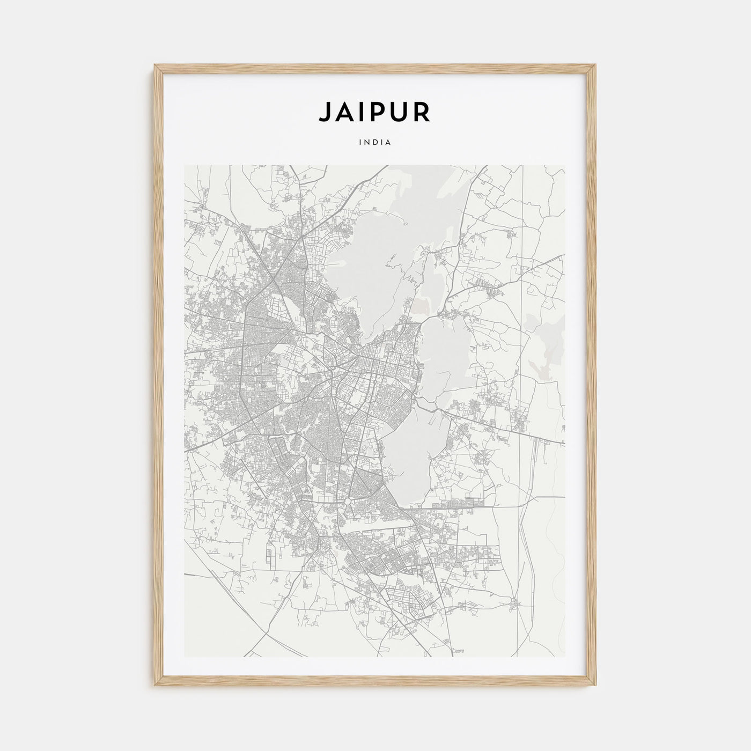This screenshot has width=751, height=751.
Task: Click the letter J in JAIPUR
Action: (x=325, y=112)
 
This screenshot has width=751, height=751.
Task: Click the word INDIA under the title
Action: (x=376, y=143)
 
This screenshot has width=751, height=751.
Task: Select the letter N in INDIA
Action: (x=367, y=143)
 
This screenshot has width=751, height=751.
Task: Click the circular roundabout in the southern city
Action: (x=348, y=501)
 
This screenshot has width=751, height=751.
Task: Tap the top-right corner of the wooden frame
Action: (x=596, y=65)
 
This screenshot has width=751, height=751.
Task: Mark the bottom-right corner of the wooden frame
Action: (x=596, y=687)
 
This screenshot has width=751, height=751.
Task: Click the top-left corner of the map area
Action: (x=185, y=165)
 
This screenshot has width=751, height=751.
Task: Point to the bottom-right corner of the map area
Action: (x=565, y=657)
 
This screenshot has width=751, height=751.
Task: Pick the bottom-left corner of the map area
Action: (x=185, y=657)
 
